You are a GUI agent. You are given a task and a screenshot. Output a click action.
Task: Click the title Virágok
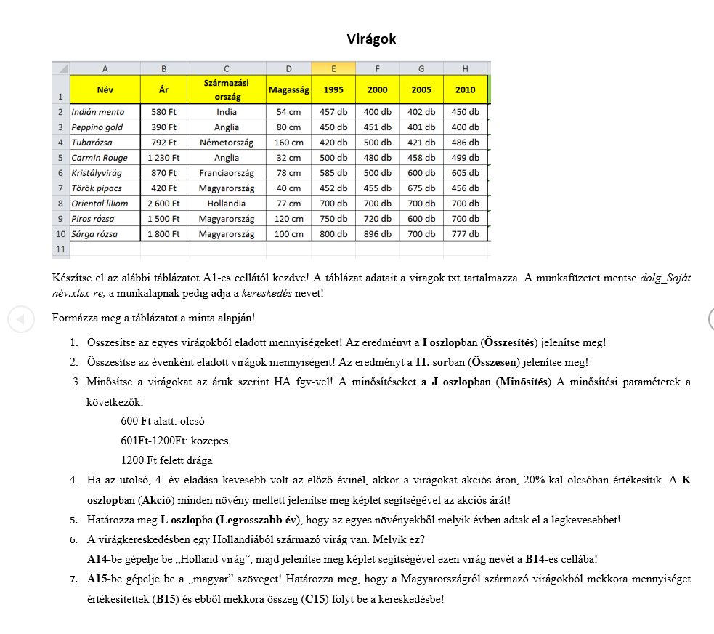[x=371, y=39]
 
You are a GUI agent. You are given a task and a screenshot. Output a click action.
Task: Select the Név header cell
[x=105, y=89]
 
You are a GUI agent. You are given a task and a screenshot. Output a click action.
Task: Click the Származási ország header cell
[x=227, y=89]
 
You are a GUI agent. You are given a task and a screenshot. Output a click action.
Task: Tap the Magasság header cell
[x=289, y=90]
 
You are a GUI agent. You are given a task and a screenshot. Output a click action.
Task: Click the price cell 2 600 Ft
[x=163, y=204]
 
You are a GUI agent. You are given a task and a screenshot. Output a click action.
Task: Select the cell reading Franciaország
[x=227, y=173]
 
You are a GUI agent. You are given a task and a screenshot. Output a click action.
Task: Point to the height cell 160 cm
[x=289, y=143]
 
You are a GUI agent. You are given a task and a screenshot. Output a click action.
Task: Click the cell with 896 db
[x=378, y=234]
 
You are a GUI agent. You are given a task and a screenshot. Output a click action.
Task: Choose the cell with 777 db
[x=465, y=234]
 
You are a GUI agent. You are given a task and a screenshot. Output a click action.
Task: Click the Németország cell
[x=227, y=143]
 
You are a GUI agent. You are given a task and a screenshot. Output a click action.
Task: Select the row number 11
[x=60, y=249]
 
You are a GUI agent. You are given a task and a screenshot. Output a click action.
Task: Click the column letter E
[x=333, y=69]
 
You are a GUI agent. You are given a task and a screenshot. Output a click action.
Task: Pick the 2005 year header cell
[x=421, y=90]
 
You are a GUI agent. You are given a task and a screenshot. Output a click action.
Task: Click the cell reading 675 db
[x=421, y=188]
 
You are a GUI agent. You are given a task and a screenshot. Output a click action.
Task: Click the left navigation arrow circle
[x=20, y=318]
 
